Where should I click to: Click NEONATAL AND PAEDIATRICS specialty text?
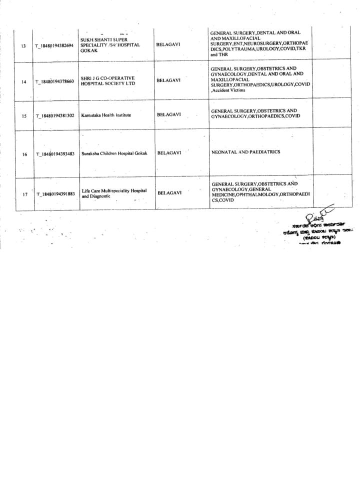[245, 151]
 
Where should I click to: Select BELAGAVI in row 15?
[169, 114]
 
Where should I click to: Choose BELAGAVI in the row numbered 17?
[169, 192]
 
